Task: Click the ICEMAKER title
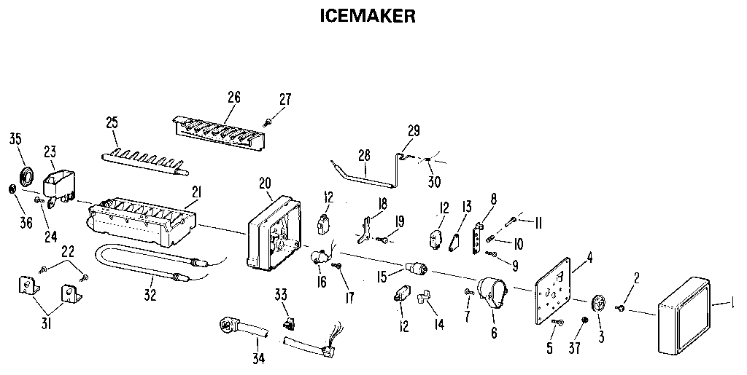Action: pos(368,16)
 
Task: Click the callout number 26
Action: pos(234,98)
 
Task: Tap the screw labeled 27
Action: pos(269,121)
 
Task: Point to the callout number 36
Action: pos(26,223)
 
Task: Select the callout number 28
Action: pos(365,156)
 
